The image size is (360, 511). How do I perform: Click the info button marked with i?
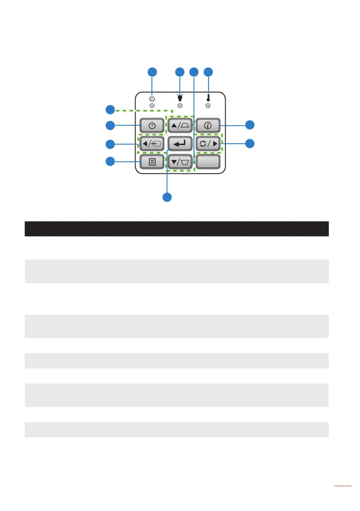coord(208,126)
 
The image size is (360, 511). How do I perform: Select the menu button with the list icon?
coord(152,162)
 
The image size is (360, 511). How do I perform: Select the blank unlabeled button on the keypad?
coord(208,162)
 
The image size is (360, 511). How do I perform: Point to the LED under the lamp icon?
coord(180,106)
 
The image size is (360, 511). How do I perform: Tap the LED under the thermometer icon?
coord(208,106)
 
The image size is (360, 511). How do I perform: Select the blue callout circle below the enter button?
coord(167,197)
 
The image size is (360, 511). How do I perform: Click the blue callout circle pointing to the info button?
coord(249,125)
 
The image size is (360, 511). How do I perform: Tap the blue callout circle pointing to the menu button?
coord(111,162)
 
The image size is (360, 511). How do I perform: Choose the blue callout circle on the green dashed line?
coord(111,109)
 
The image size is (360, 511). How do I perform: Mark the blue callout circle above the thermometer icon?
coord(208,72)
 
